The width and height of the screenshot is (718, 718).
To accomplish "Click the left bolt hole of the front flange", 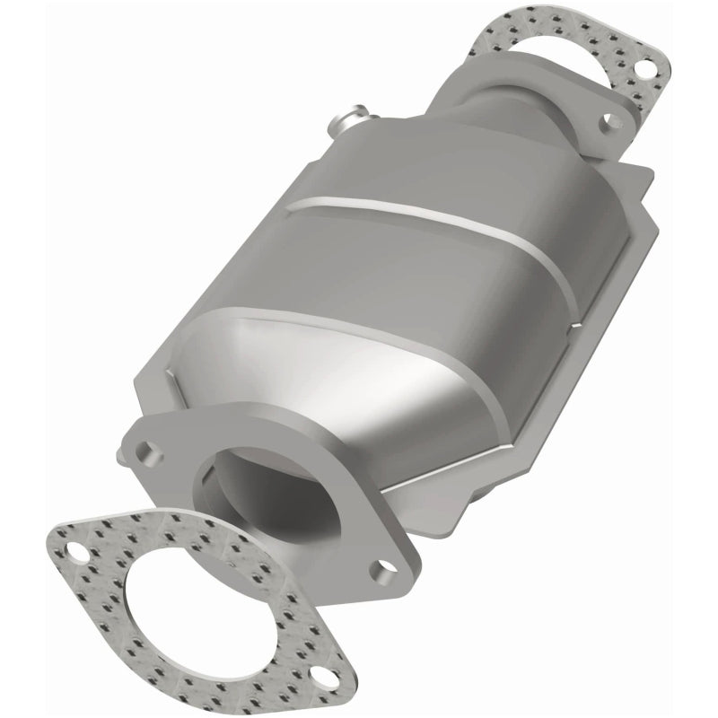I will click(144, 446).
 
